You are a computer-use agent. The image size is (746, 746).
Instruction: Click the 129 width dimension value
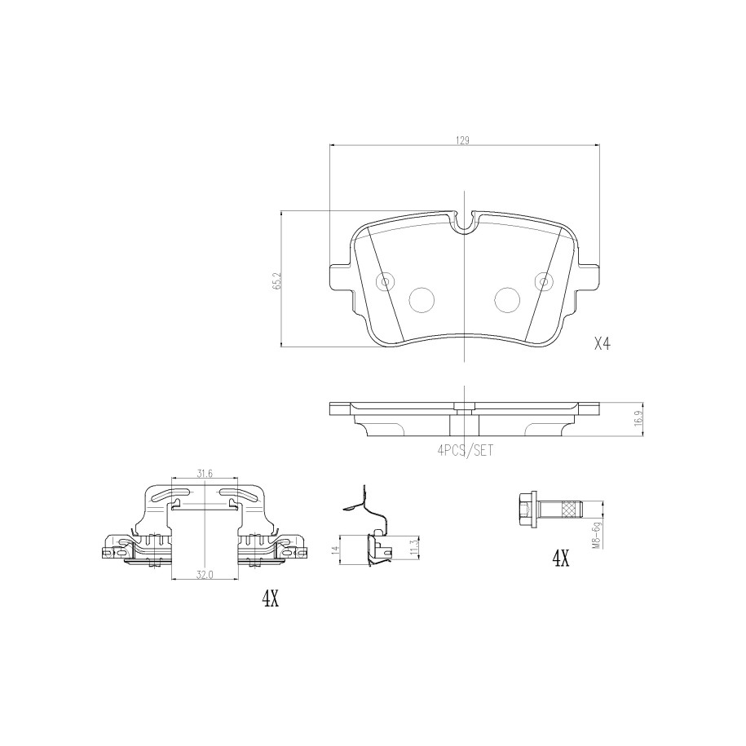463,140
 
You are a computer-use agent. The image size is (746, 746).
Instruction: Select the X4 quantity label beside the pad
602,343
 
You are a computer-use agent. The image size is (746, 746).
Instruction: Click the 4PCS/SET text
465,450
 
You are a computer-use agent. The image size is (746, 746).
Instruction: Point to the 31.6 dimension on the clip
205,473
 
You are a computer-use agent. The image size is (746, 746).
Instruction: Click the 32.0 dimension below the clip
204,575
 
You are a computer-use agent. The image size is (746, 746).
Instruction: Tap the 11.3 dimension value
414,547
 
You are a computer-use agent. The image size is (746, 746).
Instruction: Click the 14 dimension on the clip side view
335,550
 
